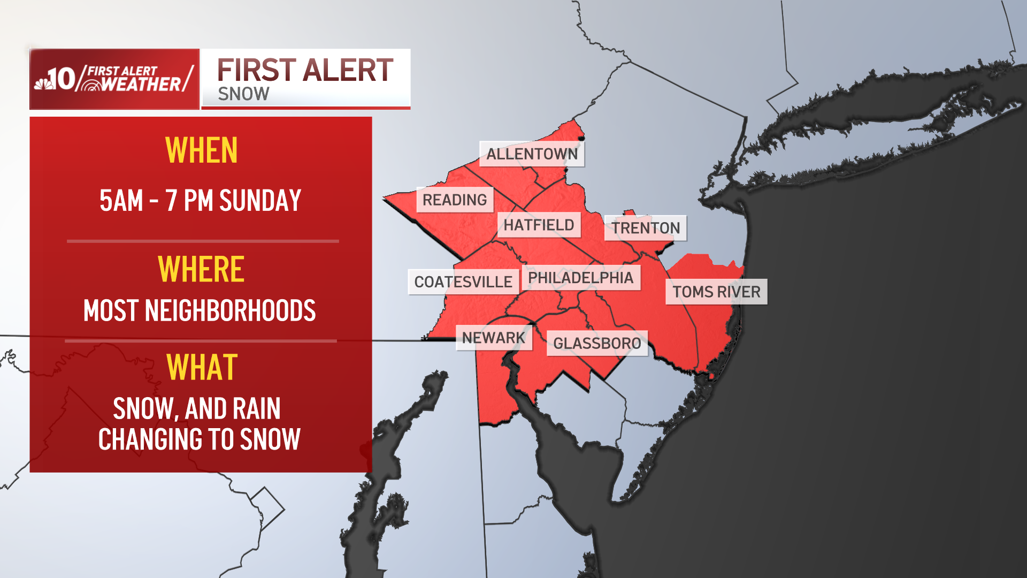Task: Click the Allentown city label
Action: [532, 154]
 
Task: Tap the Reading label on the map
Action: [455, 200]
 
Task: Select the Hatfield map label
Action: [539, 225]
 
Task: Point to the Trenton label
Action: [646, 229]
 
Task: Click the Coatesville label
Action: [463, 282]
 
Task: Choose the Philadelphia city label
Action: [580, 278]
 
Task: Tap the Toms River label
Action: [716, 292]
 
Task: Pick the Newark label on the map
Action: [494, 338]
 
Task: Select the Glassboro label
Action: [597, 344]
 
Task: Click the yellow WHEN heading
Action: [202, 150]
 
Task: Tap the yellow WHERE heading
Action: [201, 269]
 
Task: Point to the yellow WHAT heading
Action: [202, 368]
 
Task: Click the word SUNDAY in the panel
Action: [260, 201]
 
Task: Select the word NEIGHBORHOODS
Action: [230, 311]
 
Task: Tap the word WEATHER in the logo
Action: [141, 85]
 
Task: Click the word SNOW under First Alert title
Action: [243, 94]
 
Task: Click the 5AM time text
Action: [121, 201]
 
